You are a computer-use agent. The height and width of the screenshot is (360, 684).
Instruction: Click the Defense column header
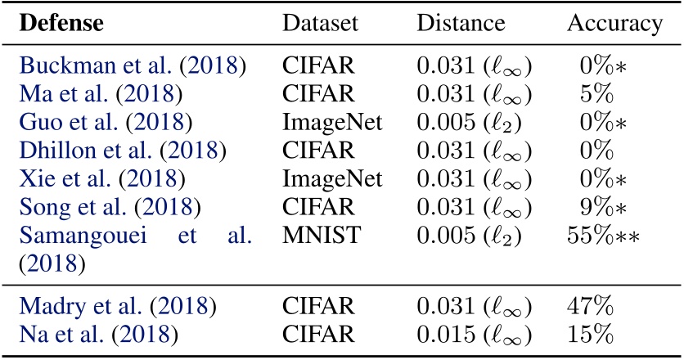[x=61, y=24]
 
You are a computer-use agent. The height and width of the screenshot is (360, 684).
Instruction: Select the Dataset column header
[x=321, y=24]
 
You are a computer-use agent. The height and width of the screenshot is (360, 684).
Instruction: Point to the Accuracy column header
[x=614, y=24]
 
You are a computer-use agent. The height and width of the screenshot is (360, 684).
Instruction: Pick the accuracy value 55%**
[x=603, y=237]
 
